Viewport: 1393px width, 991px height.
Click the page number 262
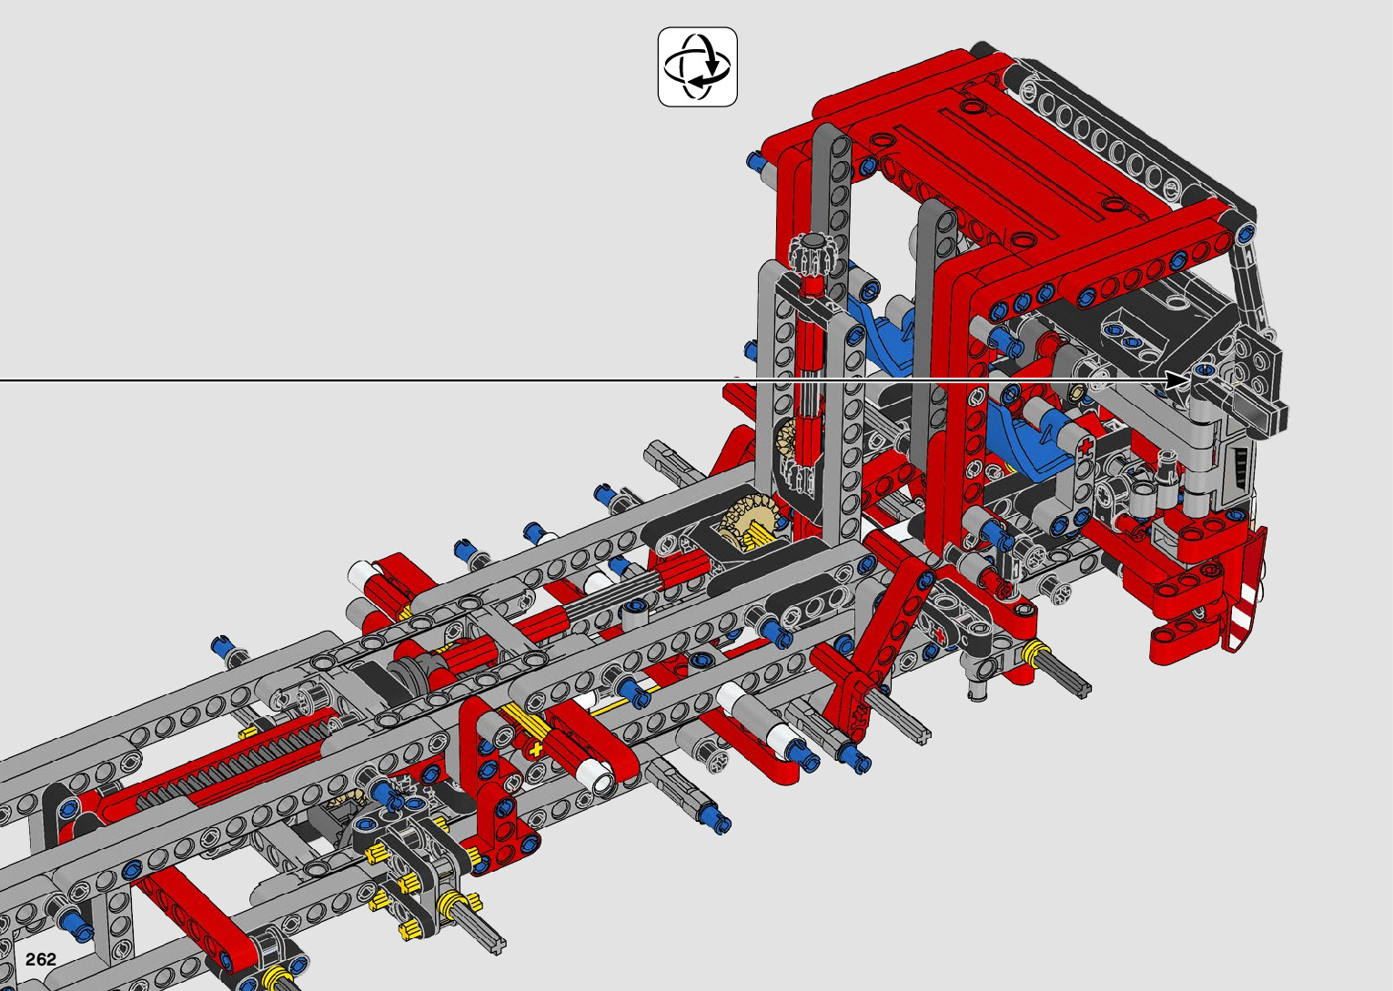tap(40, 959)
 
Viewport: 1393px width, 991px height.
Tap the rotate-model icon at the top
tap(698, 66)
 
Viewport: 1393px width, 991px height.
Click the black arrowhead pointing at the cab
tap(1176, 379)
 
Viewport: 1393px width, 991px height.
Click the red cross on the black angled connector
tap(939, 635)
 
